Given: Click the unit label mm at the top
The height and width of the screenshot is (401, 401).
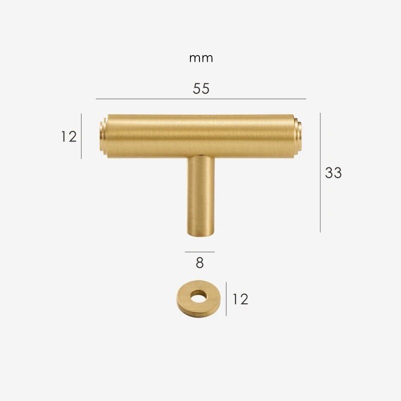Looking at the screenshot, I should click(201, 58).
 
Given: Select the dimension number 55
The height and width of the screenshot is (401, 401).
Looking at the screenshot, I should click(201, 89).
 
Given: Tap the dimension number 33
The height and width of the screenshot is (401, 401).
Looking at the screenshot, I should click(333, 172).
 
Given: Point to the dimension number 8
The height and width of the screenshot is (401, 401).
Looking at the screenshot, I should click(199, 263).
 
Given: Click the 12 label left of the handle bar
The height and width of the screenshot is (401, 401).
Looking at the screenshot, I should click(69, 136).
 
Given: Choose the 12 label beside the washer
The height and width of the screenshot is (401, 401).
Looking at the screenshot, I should click(240, 299).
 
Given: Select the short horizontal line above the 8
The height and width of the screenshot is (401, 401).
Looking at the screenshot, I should click(199, 252).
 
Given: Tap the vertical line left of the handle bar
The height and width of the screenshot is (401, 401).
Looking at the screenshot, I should click(81, 136).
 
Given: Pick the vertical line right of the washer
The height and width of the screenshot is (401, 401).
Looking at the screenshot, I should click(226, 299).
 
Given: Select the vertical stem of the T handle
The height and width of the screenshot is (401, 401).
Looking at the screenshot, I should click(202, 195).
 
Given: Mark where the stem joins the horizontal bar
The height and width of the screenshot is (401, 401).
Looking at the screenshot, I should click(202, 156).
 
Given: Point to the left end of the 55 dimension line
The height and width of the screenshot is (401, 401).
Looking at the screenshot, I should click(97, 99).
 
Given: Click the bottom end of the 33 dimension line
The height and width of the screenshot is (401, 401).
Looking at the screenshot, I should click(320, 231).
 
